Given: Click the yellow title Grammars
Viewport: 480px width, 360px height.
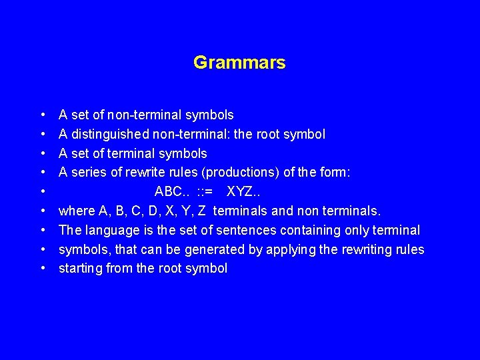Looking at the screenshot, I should point(239,63).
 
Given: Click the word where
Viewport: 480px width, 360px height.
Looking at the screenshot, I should point(76,211).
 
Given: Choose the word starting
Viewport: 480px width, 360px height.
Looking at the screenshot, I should point(81,269).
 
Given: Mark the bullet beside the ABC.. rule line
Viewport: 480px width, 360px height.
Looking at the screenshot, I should point(43,192).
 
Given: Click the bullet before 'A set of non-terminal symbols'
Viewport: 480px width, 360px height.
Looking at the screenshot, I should point(43,115).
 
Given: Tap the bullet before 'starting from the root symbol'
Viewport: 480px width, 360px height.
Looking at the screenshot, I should point(43,269).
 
